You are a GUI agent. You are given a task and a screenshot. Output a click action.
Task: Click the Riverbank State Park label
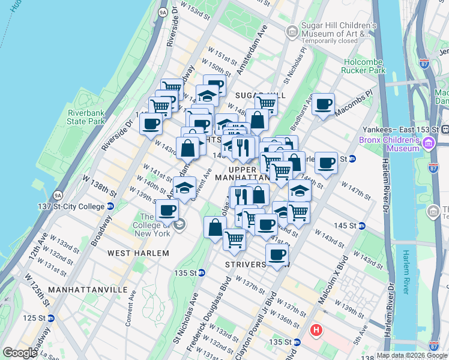coord(86,117)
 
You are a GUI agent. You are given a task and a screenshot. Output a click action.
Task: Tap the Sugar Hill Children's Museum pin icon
coord(292,31)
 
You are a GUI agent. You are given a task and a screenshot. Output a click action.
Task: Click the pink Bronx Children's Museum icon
coord(428,143)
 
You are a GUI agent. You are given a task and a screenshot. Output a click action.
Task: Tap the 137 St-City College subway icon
coord(110,206)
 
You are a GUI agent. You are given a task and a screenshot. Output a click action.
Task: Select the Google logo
coord(20,353)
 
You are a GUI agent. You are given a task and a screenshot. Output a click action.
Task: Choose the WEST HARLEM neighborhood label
coord(138,253)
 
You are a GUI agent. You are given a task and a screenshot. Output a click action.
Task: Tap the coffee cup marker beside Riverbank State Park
coord(151,124)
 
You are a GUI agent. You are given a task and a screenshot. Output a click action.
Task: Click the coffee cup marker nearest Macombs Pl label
coord(324,104)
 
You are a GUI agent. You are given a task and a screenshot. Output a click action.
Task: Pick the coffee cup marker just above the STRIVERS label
coord(277,253)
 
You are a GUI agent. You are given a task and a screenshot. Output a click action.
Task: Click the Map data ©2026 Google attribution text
coord(412,355)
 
